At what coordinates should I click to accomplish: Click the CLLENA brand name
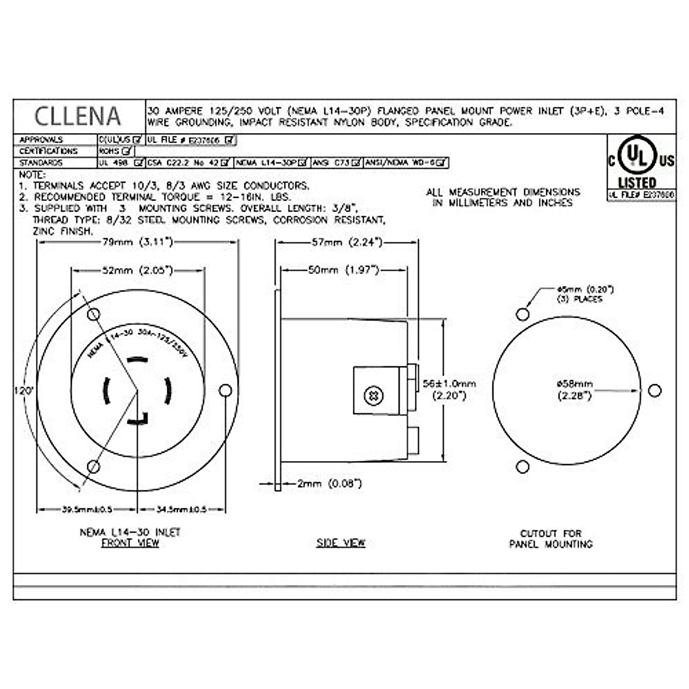point(78,116)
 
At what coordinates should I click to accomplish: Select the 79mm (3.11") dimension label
point(137,242)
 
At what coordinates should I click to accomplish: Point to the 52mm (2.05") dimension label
point(137,270)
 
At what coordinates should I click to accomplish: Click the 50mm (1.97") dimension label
point(343,270)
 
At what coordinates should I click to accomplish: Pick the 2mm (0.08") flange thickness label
point(329,484)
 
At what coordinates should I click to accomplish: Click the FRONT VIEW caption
point(130,543)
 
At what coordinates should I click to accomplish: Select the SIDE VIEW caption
point(340,543)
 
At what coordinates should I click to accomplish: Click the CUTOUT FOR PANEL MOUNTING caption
point(551,539)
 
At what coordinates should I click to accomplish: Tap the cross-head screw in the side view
point(374,396)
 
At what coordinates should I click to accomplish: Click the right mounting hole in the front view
point(226,390)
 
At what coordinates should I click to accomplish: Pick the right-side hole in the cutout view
point(654,390)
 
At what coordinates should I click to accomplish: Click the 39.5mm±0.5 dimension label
point(87,509)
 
